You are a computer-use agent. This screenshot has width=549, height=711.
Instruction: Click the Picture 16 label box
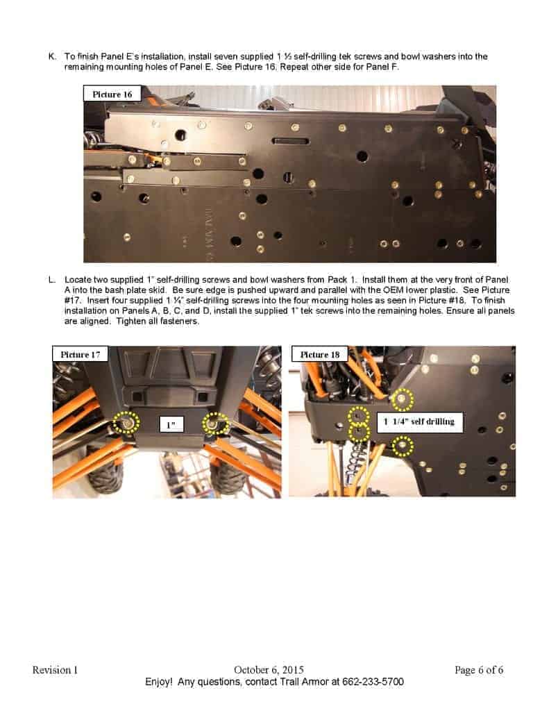coord(112,94)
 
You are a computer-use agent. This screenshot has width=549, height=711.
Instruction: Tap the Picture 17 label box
coord(81,354)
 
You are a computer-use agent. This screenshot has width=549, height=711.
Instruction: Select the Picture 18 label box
coord(319,354)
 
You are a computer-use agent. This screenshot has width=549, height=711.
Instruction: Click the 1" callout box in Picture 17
coord(171,424)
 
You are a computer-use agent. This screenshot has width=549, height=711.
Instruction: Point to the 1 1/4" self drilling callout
coord(419,422)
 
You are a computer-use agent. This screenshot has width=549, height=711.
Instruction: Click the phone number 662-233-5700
coord(373,682)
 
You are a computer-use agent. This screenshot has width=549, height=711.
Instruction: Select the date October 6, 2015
coord(269,670)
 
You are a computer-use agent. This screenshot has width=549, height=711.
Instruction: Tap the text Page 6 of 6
coord(479,670)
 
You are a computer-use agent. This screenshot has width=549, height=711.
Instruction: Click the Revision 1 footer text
coord(55,670)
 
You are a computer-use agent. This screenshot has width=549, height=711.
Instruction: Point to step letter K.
coord(52,57)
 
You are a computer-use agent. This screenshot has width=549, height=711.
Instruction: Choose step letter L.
coord(51,280)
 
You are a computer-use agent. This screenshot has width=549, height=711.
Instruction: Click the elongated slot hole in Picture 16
coord(291,141)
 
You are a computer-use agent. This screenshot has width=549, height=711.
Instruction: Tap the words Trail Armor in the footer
coord(303,682)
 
